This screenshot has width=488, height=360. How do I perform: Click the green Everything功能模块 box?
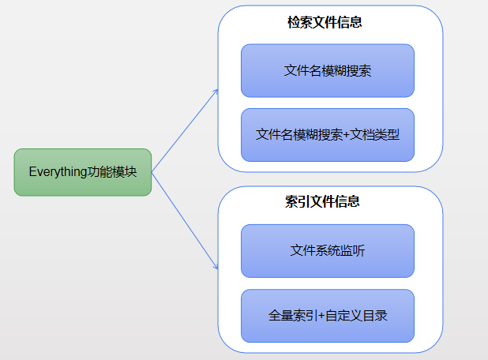pyautogui.click(x=82, y=171)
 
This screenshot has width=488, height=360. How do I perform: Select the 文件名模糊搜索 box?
pyautogui.click(x=328, y=70)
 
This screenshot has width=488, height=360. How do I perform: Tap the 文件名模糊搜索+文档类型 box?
pyautogui.click(x=328, y=134)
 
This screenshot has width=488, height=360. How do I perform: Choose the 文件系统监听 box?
pyautogui.click(x=328, y=251)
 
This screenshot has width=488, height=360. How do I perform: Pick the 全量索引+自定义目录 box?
pyautogui.click(x=328, y=316)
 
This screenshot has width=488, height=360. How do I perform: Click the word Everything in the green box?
pyautogui.click(x=57, y=171)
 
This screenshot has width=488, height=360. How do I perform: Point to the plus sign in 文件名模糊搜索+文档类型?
pyautogui.click(x=347, y=134)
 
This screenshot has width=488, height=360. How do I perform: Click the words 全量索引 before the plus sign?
pyautogui.click(x=293, y=316)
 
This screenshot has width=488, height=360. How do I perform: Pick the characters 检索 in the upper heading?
pyautogui.click(x=299, y=23)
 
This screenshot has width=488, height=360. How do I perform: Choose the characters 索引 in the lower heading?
pyautogui.click(x=299, y=202)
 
